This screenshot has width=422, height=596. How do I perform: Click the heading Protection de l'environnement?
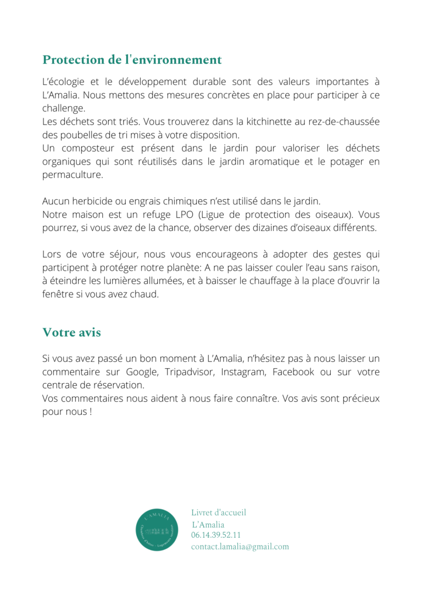[132, 60]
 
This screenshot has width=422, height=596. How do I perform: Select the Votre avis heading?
[71, 333]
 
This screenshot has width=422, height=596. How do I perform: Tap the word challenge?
[63, 108]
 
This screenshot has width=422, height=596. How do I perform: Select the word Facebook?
[293, 372]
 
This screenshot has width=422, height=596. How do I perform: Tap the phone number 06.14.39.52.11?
[216, 535]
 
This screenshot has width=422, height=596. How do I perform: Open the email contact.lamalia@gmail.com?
[240, 547]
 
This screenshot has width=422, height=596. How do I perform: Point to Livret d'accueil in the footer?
[219, 513]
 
